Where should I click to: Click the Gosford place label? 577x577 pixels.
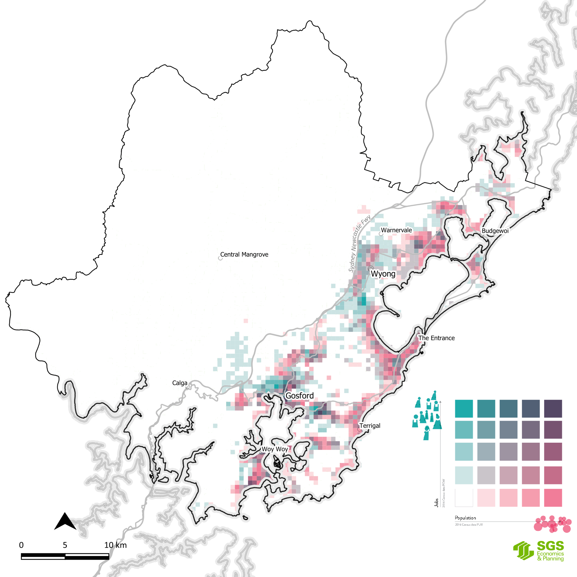pos(300,396)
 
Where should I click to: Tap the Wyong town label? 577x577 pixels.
pos(383,274)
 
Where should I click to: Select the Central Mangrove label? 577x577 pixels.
pos(244,254)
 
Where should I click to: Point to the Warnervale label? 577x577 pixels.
pos(396,230)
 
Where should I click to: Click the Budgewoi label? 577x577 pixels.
pos(495,231)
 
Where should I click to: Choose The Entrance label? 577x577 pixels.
pos(436,338)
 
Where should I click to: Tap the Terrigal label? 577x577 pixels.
pos(370,426)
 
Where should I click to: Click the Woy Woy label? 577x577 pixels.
pos(274,449)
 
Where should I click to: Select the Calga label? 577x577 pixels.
pos(180,383)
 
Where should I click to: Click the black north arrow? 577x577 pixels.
pos(65,522)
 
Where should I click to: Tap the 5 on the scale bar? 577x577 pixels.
pos(65,545)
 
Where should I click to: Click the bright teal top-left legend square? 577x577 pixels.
pos(464,409)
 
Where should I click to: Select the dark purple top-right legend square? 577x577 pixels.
pos(553,409)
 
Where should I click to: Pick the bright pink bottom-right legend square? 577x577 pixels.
pos(553,498)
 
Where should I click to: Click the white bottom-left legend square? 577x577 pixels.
pos(464,498)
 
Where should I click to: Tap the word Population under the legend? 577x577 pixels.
pos(465,518)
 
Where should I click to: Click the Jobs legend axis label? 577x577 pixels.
pos(436,503)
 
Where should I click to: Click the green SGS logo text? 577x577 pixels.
pos(550,546)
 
